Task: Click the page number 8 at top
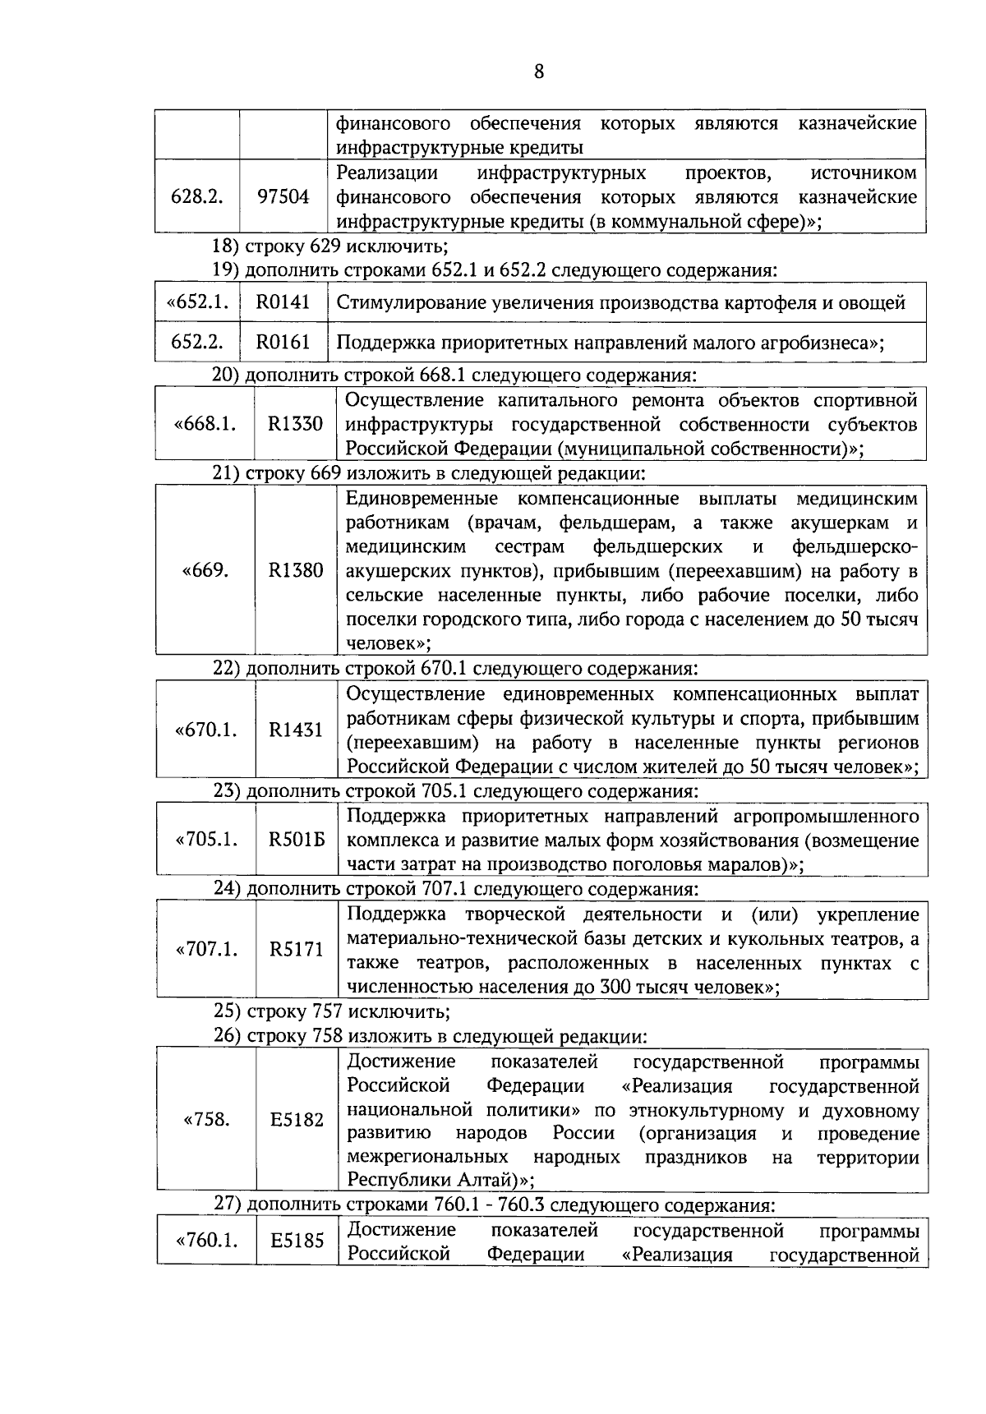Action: pyautogui.click(x=539, y=71)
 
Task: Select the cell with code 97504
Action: pyautogui.click(x=283, y=197)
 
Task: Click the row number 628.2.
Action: pyautogui.click(x=197, y=197)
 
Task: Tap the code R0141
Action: pyautogui.click(x=283, y=302)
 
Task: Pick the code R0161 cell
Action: pyautogui.click(x=283, y=342)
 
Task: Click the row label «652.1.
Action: pyautogui.click(x=197, y=302)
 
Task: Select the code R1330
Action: pyautogui.click(x=295, y=424)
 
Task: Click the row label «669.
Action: pyautogui.click(x=205, y=570)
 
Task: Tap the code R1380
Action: pyautogui.click(x=295, y=570)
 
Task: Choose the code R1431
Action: pyautogui.click(x=296, y=730)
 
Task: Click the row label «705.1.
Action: pyautogui.click(x=206, y=840)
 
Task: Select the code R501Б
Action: pyautogui.click(x=297, y=840)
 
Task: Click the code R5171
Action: pyautogui.click(x=297, y=950)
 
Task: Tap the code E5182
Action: pyautogui.click(x=297, y=1120)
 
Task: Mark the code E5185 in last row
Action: pyautogui.click(x=297, y=1241)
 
